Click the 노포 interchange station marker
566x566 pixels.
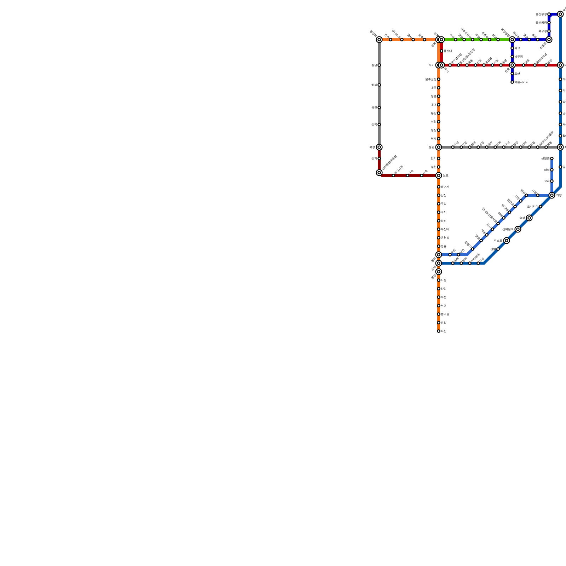click(x=439, y=175)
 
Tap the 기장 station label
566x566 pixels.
click(x=559, y=195)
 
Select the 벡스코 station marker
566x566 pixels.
click(x=507, y=241)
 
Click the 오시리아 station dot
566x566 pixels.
click(x=541, y=207)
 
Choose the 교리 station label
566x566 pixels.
click(x=547, y=181)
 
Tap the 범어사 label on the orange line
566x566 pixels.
click(x=445, y=187)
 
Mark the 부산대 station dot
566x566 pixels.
click(x=439, y=229)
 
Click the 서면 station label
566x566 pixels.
click(x=444, y=306)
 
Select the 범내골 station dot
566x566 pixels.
click(x=439, y=314)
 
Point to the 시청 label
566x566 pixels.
click(x=444, y=280)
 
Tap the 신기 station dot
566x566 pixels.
click(x=379, y=158)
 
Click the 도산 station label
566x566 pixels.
click(x=517, y=74)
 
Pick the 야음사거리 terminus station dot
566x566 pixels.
click(x=512, y=82)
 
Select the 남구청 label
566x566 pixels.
click(x=519, y=57)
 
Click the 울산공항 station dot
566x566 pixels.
click(x=549, y=23)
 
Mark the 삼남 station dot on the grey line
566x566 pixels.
click(x=379, y=65)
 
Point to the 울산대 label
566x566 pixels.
click(x=448, y=51)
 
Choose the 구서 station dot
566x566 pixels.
click(x=439, y=212)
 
